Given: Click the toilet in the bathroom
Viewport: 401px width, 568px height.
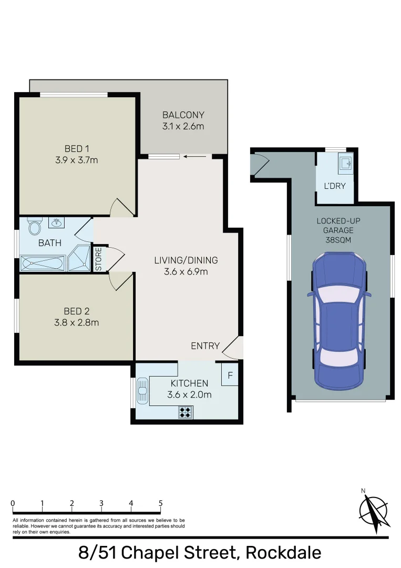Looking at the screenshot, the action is pyautogui.click(x=35, y=226).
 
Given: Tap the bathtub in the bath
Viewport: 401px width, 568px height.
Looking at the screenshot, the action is pyautogui.click(x=43, y=263).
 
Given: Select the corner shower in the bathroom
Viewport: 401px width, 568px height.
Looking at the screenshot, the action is pyautogui.click(x=79, y=258).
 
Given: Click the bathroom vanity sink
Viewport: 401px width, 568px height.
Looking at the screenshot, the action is pyautogui.click(x=56, y=222).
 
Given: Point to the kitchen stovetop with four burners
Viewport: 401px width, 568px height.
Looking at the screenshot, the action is pyautogui.click(x=186, y=412).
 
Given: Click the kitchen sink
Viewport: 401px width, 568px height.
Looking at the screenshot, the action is pyautogui.click(x=142, y=391).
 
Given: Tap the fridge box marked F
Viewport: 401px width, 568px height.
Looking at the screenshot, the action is pyautogui.click(x=230, y=375).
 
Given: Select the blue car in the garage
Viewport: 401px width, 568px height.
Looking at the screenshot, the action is pyautogui.click(x=339, y=321).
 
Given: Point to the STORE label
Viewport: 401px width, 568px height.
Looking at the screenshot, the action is pyautogui.click(x=98, y=259).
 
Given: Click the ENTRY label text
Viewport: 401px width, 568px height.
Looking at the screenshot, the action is pyautogui.click(x=205, y=346).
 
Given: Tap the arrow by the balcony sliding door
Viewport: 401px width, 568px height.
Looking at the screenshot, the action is pyautogui.click(x=194, y=157).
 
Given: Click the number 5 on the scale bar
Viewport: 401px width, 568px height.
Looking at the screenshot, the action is pyautogui.click(x=160, y=503).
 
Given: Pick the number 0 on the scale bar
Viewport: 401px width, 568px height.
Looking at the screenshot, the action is pyautogui.click(x=13, y=503).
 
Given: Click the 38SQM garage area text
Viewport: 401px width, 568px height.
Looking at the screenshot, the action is pyautogui.click(x=338, y=240).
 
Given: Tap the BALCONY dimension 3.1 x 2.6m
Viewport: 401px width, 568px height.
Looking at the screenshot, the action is pyautogui.click(x=183, y=126).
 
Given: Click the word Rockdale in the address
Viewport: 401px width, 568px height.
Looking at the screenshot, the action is pyautogui.click(x=283, y=553).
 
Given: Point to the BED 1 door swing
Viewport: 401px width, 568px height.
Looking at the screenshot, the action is pyautogui.click(x=122, y=207).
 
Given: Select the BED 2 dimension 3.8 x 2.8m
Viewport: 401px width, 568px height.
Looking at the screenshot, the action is pyautogui.click(x=76, y=322).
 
